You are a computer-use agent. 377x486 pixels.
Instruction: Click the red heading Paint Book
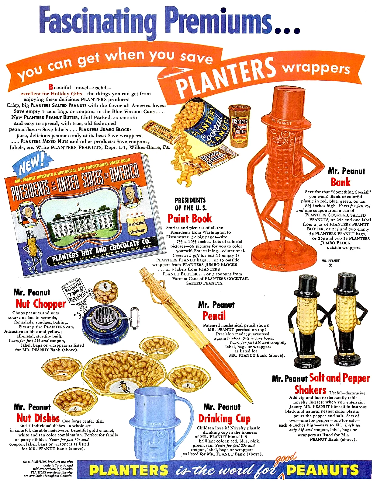pos(189,219)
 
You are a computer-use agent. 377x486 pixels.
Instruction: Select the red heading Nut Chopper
pos(40,304)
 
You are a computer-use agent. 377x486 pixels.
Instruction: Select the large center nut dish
pos(125,374)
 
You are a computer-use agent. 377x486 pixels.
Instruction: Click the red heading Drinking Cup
pos(224,419)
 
